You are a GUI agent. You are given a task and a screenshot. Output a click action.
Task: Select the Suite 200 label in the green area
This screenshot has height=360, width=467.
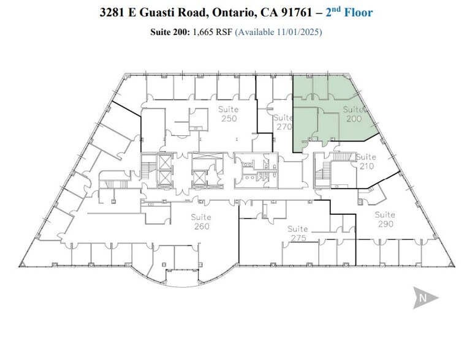354,114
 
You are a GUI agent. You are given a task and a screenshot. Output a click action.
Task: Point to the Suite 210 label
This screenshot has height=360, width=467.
366,161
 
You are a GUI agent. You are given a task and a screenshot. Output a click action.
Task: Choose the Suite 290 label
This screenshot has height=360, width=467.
385,219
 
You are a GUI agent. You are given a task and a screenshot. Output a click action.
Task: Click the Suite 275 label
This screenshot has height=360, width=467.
298,233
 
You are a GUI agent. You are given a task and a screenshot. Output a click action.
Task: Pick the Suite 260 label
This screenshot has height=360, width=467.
201,222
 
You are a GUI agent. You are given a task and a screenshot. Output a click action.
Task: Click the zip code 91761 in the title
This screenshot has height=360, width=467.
295,12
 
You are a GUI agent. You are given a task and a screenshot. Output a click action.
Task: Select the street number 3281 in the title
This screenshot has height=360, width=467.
114,12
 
